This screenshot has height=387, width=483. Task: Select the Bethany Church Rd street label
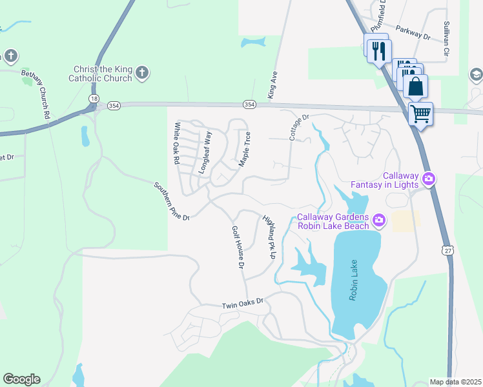[x=36, y=94]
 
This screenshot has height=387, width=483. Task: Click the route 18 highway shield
[x=95, y=97]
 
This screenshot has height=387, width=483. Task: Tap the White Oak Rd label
[x=175, y=144]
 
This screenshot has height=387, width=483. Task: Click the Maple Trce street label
[x=245, y=149]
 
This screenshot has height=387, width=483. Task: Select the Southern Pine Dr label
[x=172, y=201]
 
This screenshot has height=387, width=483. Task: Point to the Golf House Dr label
[x=238, y=248]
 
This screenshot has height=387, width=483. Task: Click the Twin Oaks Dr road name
[x=243, y=302]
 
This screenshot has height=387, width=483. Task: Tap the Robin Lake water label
[x=353, y=284]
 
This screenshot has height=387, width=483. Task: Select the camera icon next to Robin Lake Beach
[x=378, y=221]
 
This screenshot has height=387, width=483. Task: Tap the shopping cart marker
[x=420, y=114]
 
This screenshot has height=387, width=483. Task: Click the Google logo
[x=21, y=379]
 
